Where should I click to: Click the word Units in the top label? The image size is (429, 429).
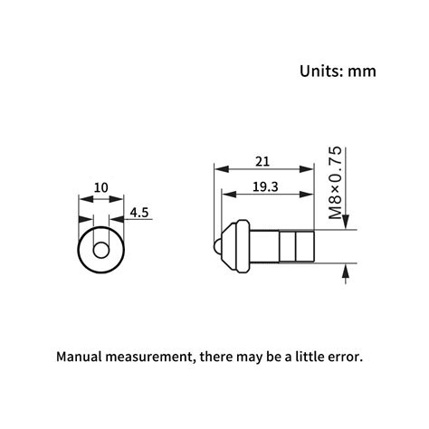click(x=319, y=71)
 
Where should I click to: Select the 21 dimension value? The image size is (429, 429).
click(x=262, y=161)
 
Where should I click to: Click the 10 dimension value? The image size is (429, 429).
click(x=100, y=188)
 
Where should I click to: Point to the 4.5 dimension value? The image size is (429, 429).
click(x=139, y=214)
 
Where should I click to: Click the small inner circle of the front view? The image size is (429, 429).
click(x=101, y=247)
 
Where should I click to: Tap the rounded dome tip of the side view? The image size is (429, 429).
click(x=217, y=246)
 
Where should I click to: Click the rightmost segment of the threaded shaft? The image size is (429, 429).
click(x=305, y=246)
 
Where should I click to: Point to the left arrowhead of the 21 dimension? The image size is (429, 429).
click(x=217, y=168)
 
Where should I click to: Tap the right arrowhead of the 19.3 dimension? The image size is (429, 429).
click(x=310, y=195)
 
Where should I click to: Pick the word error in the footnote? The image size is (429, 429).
click(x=346, y=357)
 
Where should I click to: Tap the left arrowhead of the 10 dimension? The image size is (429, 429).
click(x=83, y=196)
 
